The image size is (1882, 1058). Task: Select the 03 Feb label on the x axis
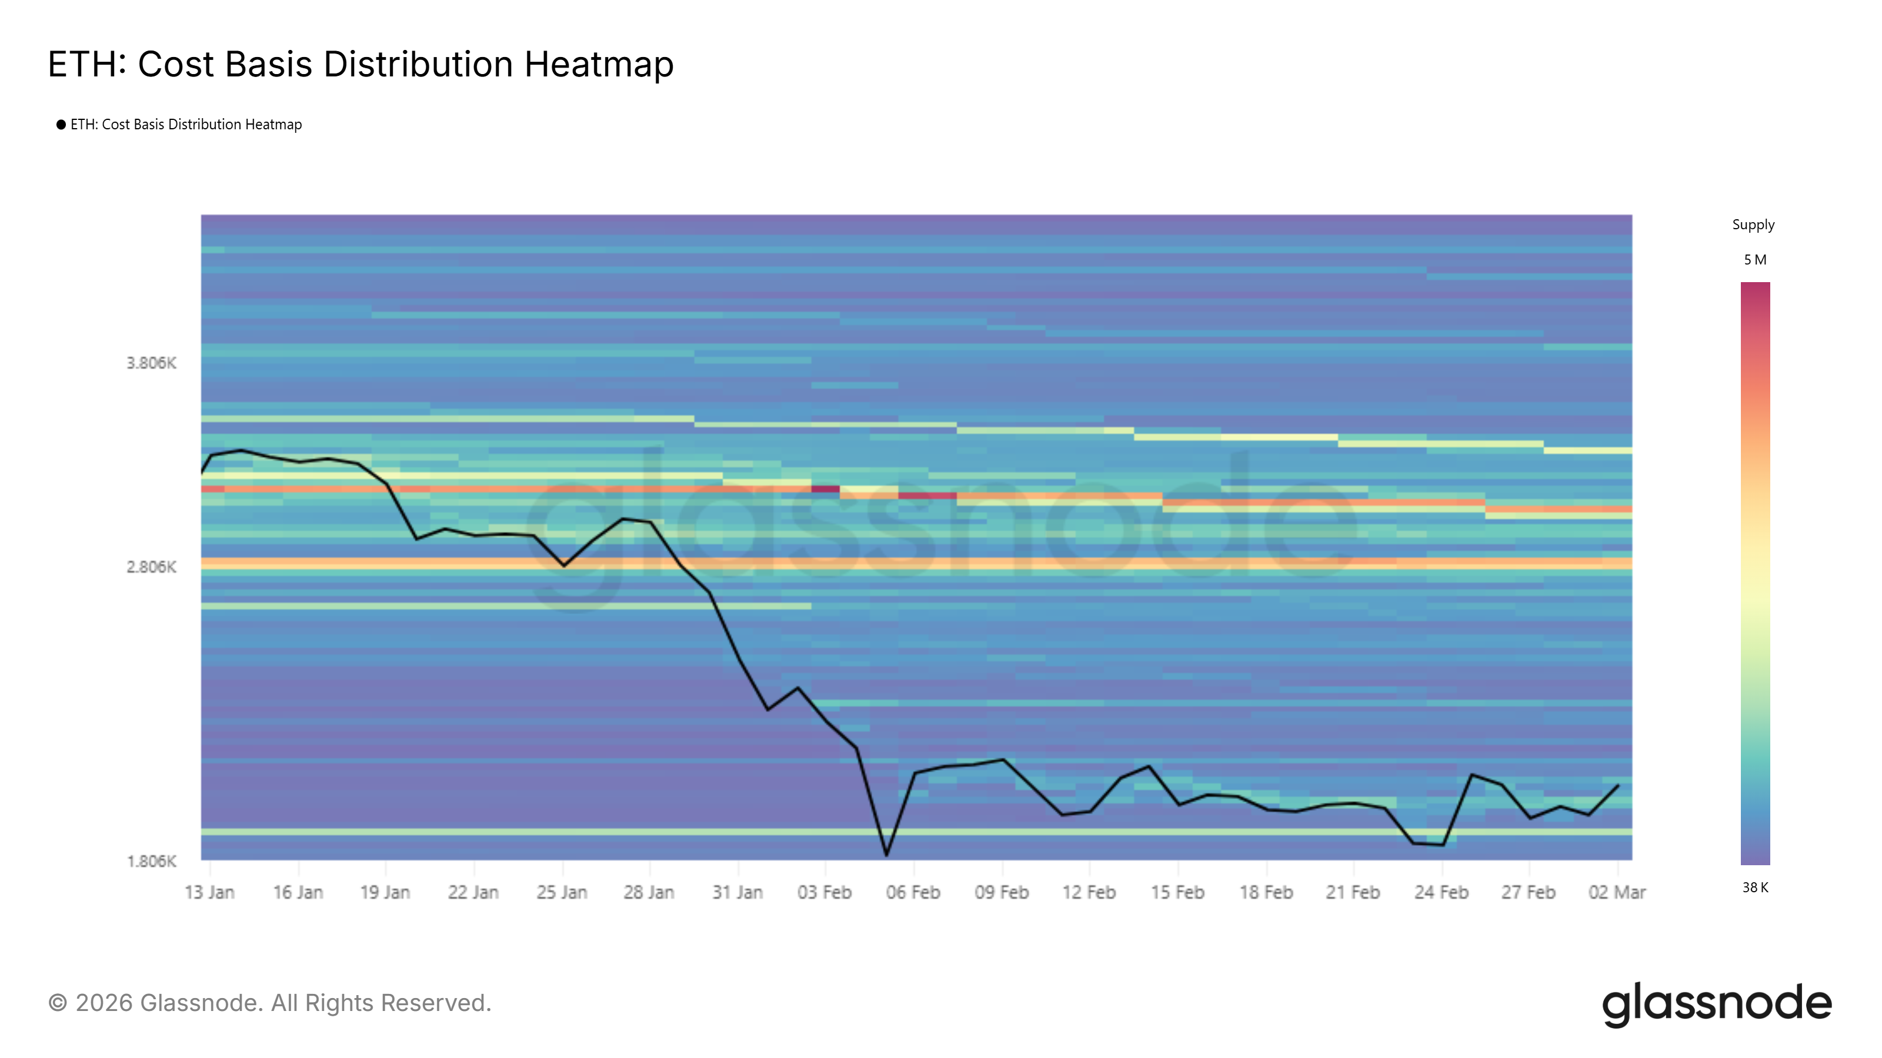824,892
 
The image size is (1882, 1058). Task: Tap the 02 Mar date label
1616,892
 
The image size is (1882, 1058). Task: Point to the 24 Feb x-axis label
1441,892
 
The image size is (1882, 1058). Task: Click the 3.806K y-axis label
151,363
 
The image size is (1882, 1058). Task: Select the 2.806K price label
151,567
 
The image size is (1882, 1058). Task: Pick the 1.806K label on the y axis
151,861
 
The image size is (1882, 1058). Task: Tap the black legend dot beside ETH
61,125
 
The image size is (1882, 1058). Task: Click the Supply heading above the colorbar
1753,225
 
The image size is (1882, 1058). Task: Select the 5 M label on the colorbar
1754,260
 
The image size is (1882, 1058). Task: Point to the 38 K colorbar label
1755,887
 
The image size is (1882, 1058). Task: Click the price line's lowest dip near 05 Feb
886,854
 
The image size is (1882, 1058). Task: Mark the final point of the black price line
1619,786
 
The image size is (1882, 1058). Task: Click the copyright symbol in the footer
58,1003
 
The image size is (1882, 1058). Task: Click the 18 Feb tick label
1266,892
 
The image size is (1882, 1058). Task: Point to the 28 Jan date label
648,892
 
